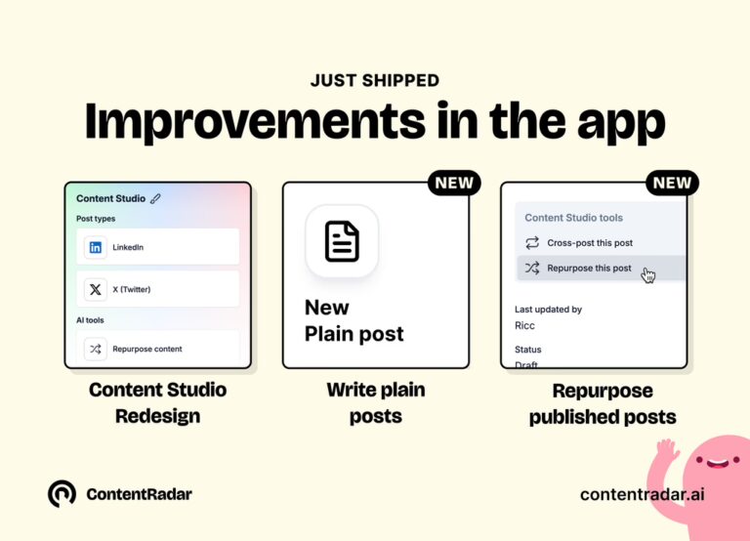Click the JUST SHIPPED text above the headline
(375, 80)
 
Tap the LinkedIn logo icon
(95, 247)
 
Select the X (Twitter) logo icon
(95, 289)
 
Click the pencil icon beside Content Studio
(155, 198)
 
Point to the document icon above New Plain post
(342, 241)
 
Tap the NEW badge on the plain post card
(454, 183)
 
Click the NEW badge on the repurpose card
(672, 183)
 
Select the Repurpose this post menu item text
(589, 268)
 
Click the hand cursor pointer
(648, 275)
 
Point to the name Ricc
(524, 326)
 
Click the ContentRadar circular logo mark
(62, 494)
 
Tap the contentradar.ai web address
(642, 494)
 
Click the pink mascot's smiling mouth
(717, 463)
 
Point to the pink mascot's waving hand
(667, 450)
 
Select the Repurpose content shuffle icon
(95, 349)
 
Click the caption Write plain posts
(376, 402)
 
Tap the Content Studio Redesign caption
(158, 402)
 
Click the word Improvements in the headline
(255, 121)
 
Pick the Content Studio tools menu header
(573, 218)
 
